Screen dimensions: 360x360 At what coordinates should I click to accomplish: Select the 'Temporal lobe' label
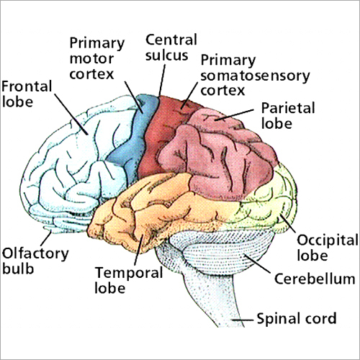[x=119, y=281]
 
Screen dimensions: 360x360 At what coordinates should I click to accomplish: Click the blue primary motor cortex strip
[x=129, y=144]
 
